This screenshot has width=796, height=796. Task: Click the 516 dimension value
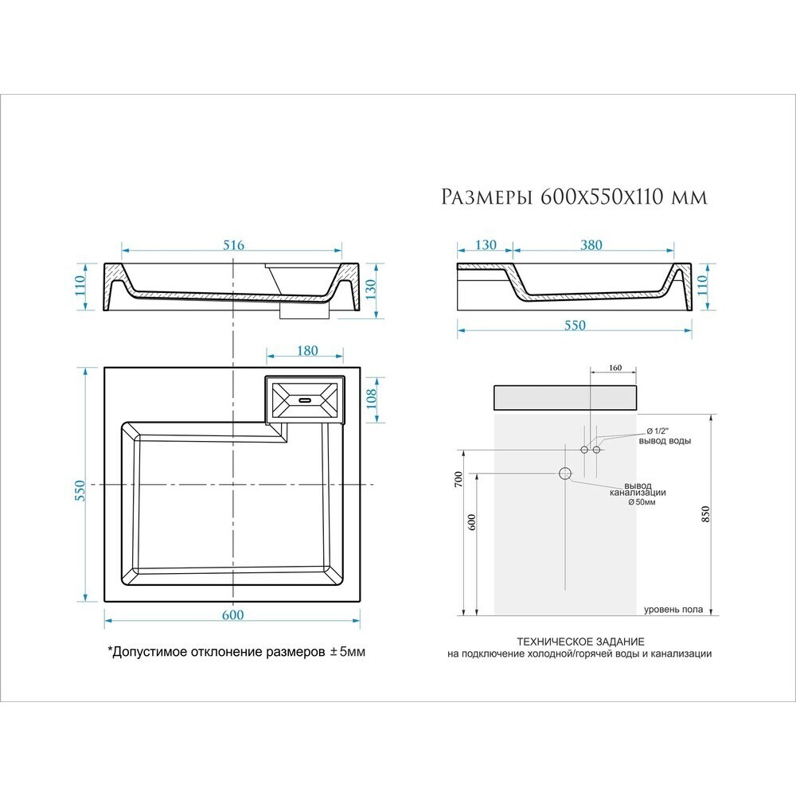(233, 244)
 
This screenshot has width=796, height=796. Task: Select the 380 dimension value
(591, 244)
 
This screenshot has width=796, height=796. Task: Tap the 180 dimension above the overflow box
(307, 350)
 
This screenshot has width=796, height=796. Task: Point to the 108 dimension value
(372, 399)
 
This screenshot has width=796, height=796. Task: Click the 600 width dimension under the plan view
(232, 615)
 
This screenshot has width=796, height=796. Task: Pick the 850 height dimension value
(704, 515)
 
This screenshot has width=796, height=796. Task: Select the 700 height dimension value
(458, 480)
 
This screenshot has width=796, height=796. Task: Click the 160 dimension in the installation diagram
(615, 368)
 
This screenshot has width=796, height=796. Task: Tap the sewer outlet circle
(565, 474)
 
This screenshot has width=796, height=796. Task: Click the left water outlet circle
(584, 450)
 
